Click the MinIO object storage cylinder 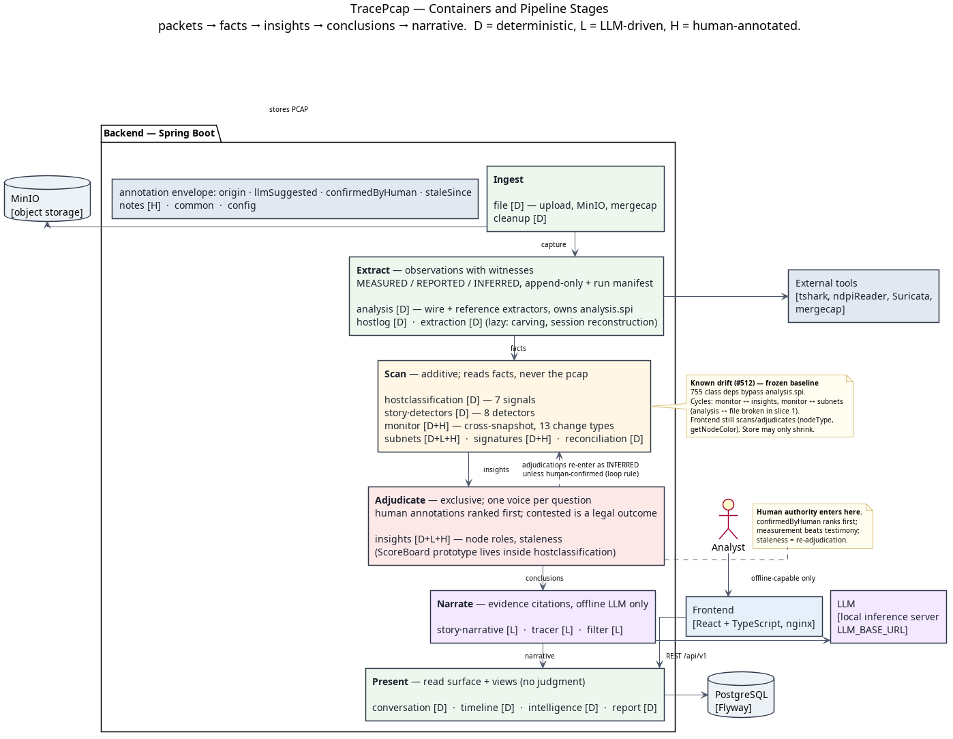tap(47, 199)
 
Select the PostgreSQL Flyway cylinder tap(741, 694)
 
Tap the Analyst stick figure tap(728, 519)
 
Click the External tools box tap(863, 296)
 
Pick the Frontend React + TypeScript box tap(754, 617)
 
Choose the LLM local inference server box tap(888, 617)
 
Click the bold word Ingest tap(508, 179)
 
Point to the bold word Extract tap(373, 270)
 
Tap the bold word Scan tap(395, 375)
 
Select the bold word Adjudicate tap(400, 500)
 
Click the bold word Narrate tap(455, 604)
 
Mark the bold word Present tap(391, 682)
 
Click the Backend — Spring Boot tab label tap(160, 134)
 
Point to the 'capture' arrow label tap(554, 244)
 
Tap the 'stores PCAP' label tap(288, 109)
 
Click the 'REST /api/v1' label tap(686, 656)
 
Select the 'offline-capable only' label tap(783, 579)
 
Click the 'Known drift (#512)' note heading tap(755, 383)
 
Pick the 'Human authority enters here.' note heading tap(809, 512)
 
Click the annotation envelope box tap(294, 199)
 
